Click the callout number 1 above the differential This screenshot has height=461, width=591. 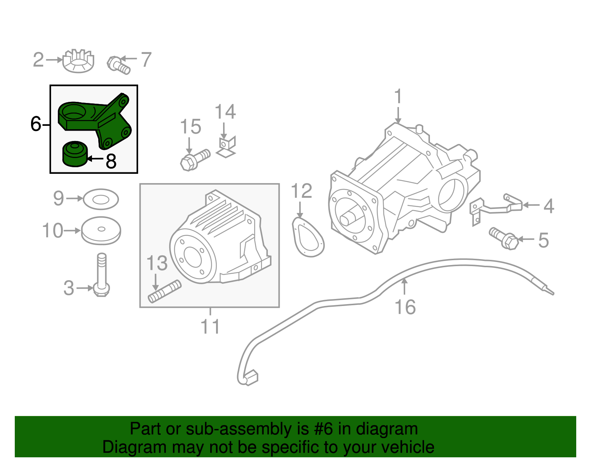pos(398,97)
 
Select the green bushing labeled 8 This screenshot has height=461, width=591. pos(75,154)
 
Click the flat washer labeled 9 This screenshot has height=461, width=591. pos(101,199)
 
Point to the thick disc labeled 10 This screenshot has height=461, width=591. pos(101,230)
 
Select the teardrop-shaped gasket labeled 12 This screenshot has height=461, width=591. pos(308,238)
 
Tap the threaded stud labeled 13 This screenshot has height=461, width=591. pos(165,292)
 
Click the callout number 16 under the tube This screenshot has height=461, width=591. pos(405,307)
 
